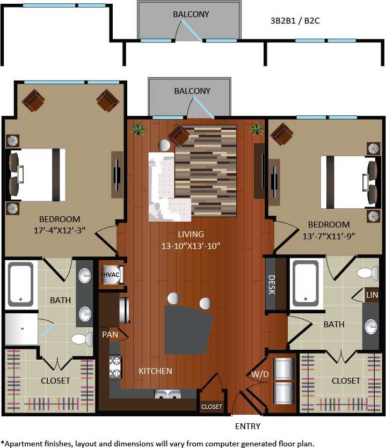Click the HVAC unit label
click(x=112, y=274)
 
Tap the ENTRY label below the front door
click(x=247, y=427)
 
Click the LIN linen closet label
click(x=372, y=295)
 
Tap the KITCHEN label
click(x=155, y=371)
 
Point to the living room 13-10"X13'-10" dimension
click(x=191, y=246)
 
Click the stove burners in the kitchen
click(x=114, y=367)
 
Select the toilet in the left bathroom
click(x=82, y=339)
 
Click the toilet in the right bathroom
click(x=368, y=273)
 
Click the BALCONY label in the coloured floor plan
click(x=192, y=91)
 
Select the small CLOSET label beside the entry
click(x=212, y=407)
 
